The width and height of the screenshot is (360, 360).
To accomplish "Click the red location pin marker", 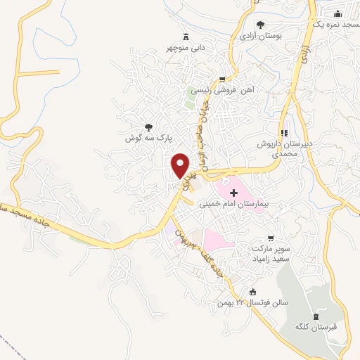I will point(181,165).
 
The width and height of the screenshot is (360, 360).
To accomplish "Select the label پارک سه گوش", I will point(148,139).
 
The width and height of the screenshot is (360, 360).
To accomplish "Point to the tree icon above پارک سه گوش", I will point(148,127).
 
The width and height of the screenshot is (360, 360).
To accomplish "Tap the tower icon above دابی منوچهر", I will point(186,36).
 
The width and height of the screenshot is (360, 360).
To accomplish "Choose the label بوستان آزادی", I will point(261,34).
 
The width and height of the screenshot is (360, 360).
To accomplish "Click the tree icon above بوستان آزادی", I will point(261,24).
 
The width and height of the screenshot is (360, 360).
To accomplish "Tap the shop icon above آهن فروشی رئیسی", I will point(223,79).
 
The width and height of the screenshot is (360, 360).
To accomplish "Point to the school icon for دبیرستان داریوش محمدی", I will point(285,132).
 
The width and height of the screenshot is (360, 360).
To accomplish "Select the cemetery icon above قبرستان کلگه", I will point(315,314).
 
